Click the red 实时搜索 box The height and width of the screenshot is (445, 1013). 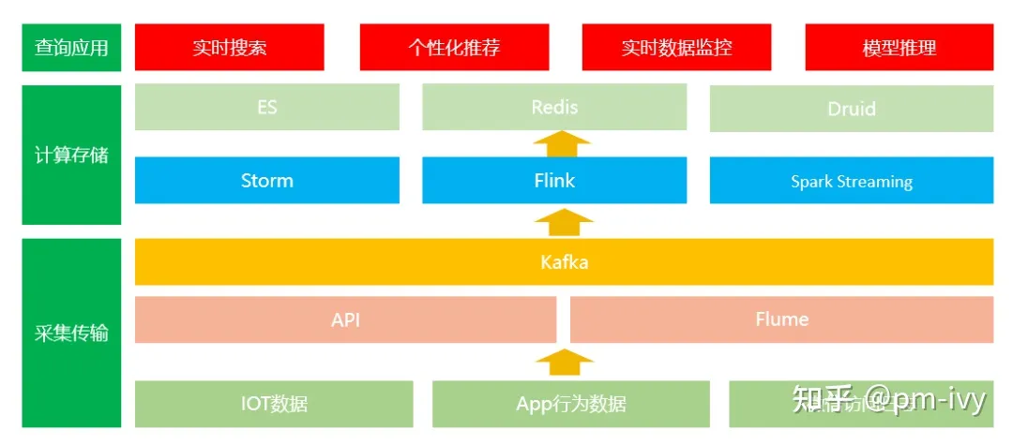pos(229,47)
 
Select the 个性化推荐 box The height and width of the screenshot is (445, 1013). pos(454,47)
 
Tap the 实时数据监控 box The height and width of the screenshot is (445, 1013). pos(676,47)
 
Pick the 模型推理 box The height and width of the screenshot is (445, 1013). pos(899,47)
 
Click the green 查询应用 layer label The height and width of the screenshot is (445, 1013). pos(71,47)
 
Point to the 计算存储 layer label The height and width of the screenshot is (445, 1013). pos(71,155)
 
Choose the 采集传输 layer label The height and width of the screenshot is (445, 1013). pos(71,333)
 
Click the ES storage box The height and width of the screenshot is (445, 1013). pos(266,107)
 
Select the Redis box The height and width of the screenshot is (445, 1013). pos(554,107)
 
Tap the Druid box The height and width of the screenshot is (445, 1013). pos(851,109)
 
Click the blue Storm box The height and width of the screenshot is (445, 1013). pos(266,180)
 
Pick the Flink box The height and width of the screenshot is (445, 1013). pos(554,180)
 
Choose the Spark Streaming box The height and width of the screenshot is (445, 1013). pos(851,181)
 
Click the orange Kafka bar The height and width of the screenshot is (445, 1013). pos(564,261)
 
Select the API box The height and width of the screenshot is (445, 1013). pos(345,319)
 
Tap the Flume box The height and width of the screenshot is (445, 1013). pos(781,319)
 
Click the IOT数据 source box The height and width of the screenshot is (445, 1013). pos(274,404)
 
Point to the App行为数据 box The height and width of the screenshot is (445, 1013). pos(570,404)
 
